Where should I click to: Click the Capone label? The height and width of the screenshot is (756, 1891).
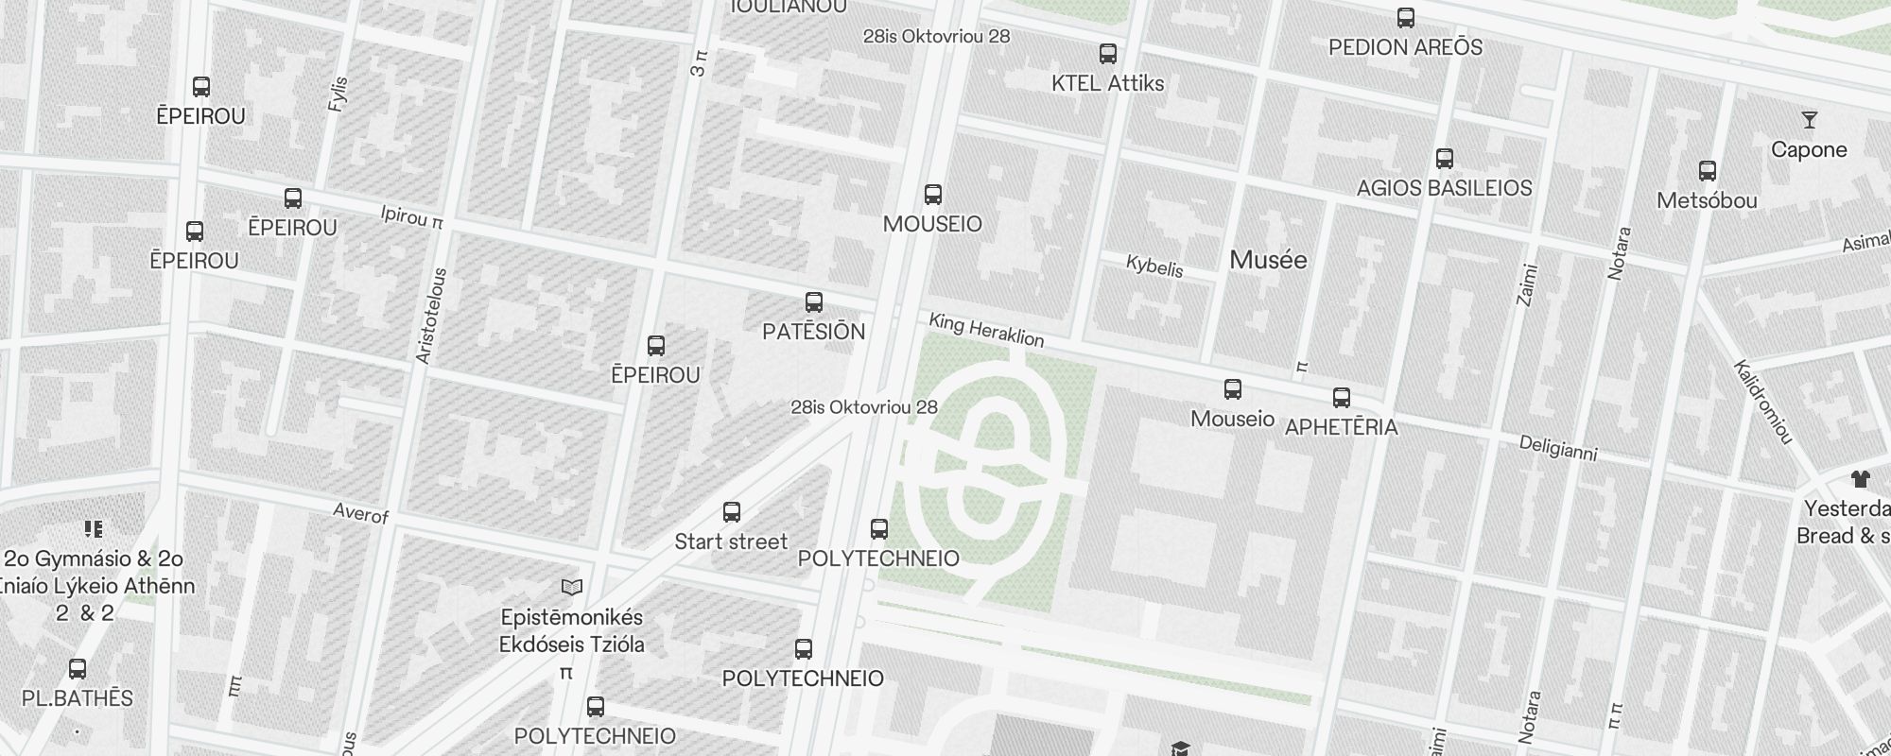(1809, 149)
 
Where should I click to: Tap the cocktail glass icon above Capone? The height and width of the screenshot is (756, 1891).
(1810, 120)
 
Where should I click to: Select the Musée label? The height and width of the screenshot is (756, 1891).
(1268, 260)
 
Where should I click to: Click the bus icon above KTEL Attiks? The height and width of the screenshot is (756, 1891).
(1108, 54)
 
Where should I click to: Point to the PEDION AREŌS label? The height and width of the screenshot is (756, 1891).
(1405, 47)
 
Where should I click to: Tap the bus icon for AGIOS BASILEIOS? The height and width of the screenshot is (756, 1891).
(1444, 159)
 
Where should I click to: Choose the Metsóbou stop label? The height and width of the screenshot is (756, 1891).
(1707, 200)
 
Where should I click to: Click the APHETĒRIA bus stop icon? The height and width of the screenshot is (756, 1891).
(1341, 398)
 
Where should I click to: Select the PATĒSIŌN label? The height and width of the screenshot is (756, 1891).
(813, 332)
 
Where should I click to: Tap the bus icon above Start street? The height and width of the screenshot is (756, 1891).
(731, 512)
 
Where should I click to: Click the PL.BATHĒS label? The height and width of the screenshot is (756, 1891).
(78, 698)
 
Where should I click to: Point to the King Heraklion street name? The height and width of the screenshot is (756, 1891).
(986, 330)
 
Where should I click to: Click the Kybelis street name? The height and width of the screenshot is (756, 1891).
(1154, 266)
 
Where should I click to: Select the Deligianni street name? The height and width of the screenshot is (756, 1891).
(1557, 449)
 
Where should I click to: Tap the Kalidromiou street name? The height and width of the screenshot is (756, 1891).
(1763, 402)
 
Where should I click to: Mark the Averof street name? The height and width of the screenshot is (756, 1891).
(361, 513)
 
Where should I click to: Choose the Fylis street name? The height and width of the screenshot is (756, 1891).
(338, 94)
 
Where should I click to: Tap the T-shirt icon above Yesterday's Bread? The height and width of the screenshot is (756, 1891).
(1861, 479)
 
